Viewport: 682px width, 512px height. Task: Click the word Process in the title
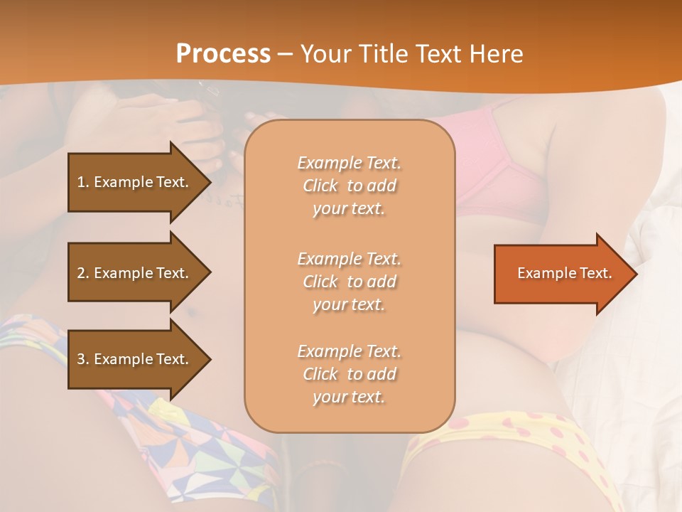[223, 54]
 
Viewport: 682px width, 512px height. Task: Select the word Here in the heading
[496, 54]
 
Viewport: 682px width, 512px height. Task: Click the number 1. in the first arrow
[83, 182]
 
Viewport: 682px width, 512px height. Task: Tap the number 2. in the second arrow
[83, 273]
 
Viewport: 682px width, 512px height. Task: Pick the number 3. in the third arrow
[83, 359]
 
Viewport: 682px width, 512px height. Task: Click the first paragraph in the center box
[349, 186]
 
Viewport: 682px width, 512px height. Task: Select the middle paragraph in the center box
[349, 281]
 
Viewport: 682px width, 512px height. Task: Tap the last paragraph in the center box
[349, 374]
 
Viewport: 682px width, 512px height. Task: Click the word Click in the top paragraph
[320, 186]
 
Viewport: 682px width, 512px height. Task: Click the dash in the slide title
[285, 54]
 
